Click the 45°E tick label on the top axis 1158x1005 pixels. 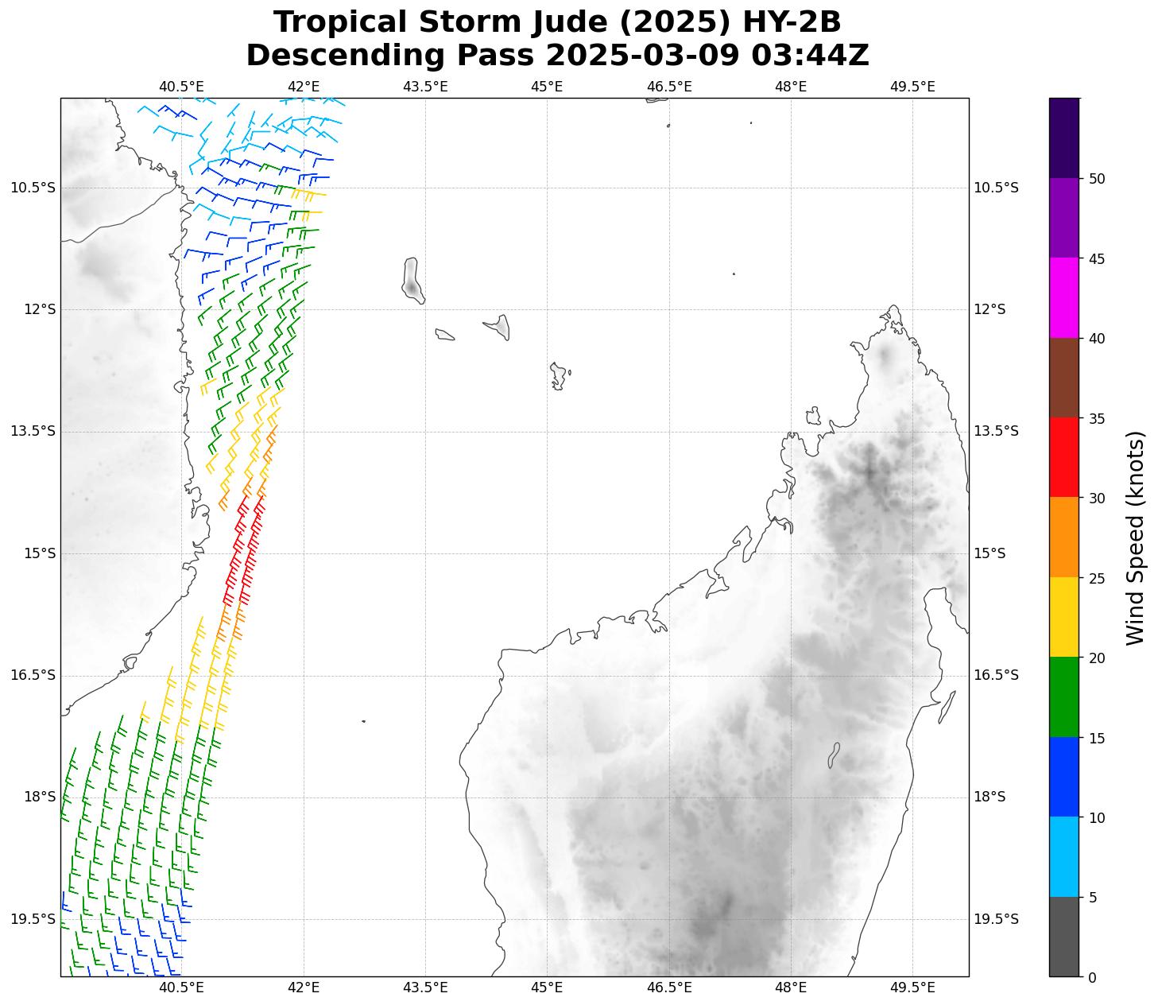point(547,86)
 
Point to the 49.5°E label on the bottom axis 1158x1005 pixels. point(912,988)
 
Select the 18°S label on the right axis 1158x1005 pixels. point(990,797)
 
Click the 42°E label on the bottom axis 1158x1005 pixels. point(304,988)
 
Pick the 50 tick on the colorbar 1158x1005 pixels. point(1097,179)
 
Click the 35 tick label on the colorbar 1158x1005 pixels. point(1097,418)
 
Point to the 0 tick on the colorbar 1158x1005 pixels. point(1092,977)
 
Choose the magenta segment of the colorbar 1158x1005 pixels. point(1064,297)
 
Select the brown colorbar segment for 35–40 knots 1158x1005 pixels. point(1064,378)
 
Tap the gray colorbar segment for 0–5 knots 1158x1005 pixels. point(1064,937)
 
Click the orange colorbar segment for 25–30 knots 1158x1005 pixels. point(1064,537)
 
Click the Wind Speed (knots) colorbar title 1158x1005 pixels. point(1136,537)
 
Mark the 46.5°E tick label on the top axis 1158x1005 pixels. point(669,86)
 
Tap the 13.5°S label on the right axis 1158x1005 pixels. point(996,431)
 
